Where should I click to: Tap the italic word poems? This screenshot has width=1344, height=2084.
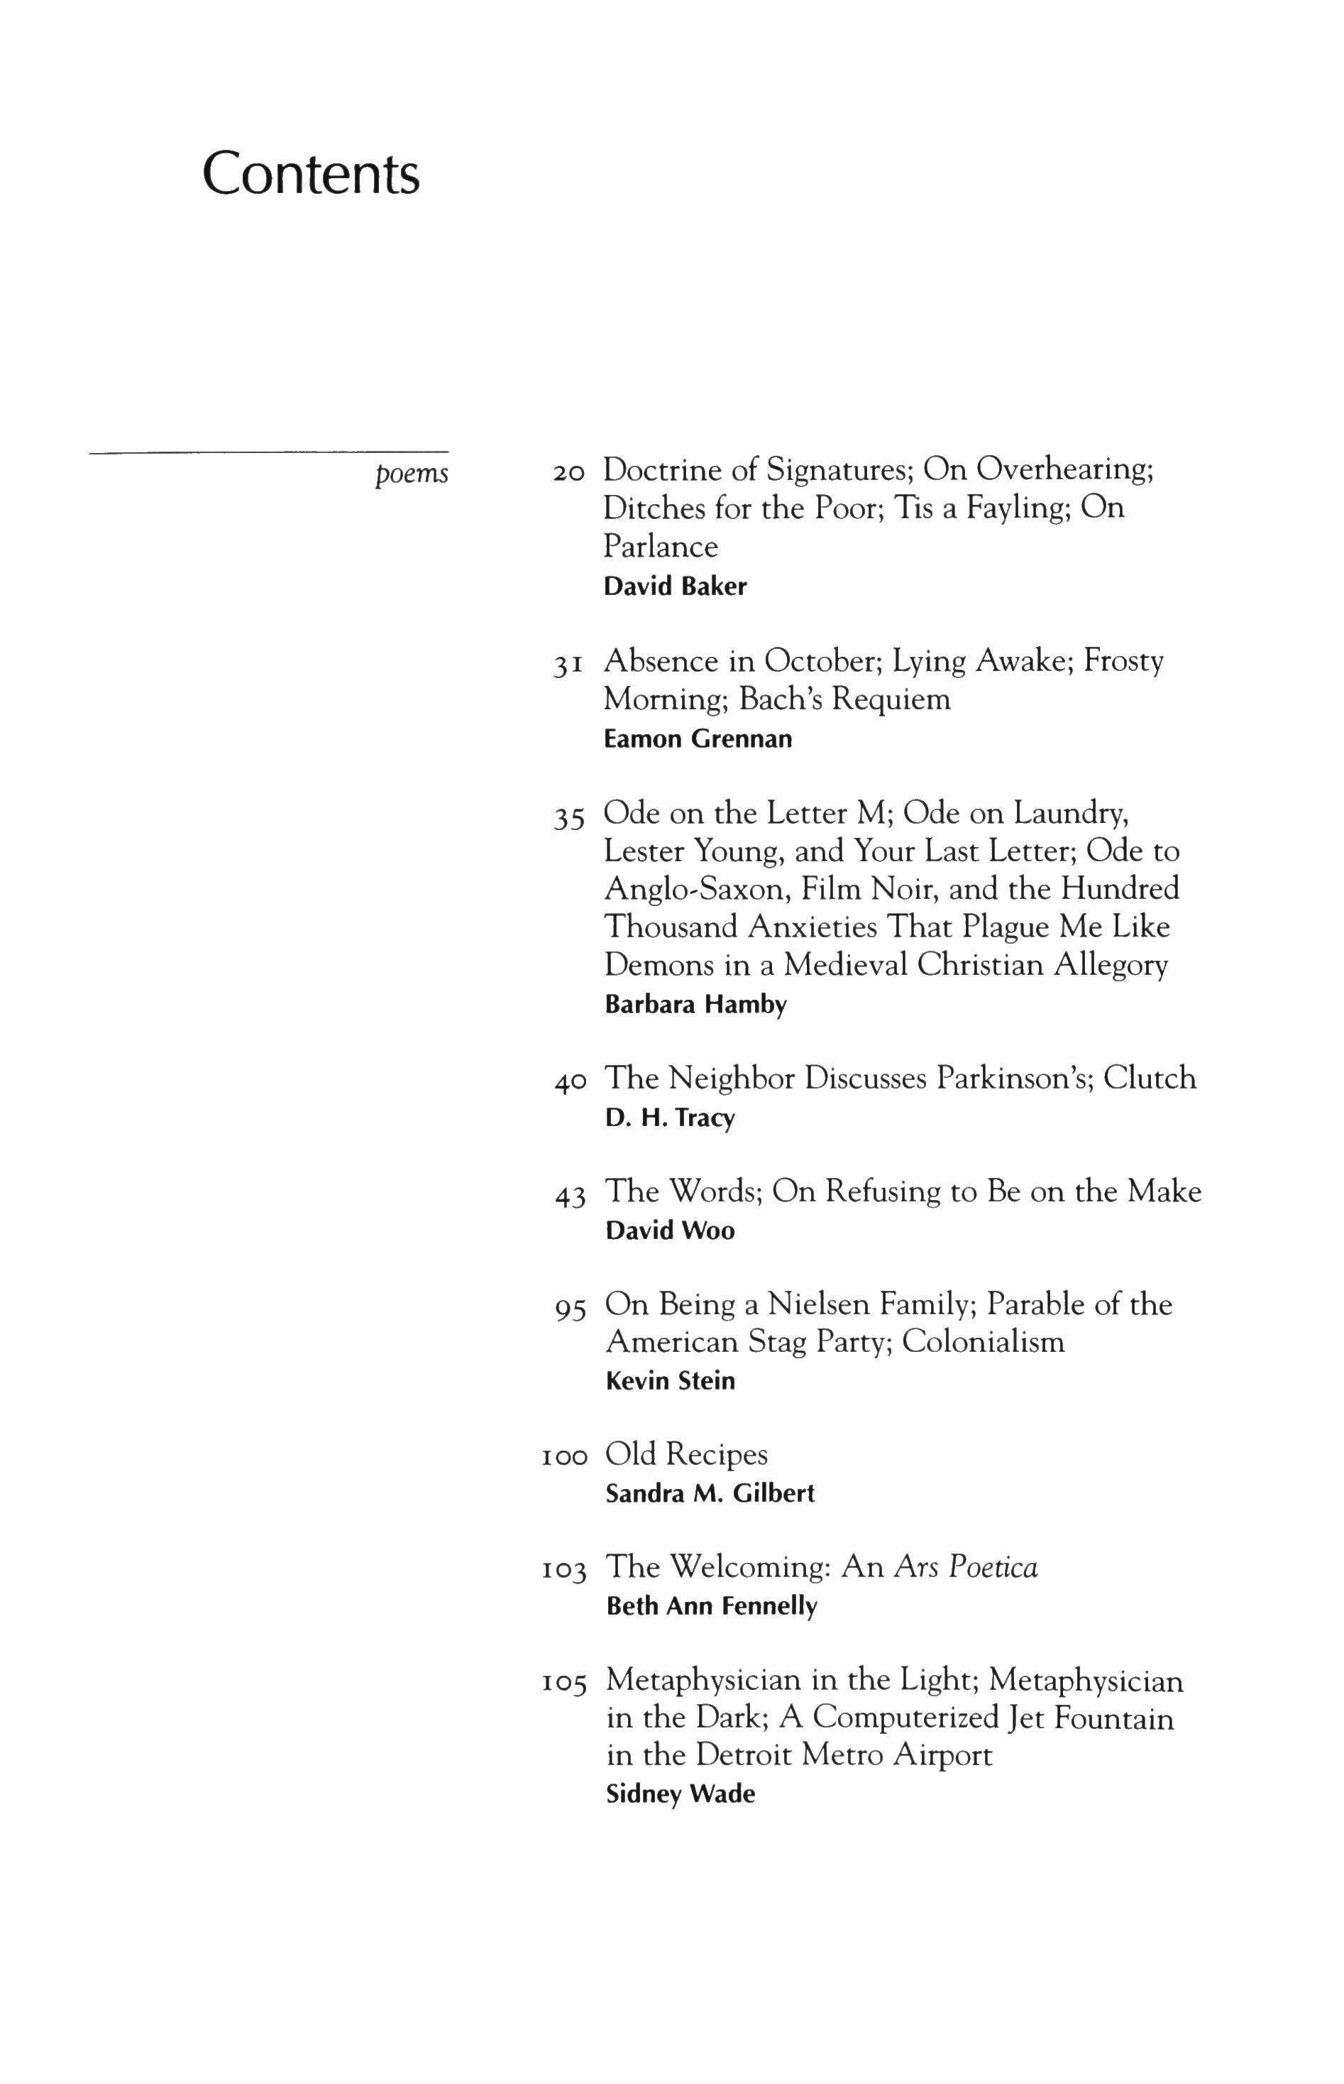[x=411, y=474]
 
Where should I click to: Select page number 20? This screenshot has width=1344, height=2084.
[x=568, y=472]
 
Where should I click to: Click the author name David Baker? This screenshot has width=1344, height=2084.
[x=675, y=586]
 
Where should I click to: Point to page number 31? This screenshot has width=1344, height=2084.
[x=568, y=665]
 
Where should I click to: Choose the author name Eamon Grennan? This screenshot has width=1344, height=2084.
[x=698, y=739]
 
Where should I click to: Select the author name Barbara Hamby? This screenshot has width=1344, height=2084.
[x=695, y=1005]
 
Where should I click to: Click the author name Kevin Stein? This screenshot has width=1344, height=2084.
[x=671, y=1381]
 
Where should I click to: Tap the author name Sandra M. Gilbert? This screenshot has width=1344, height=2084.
[x=710, y=1494]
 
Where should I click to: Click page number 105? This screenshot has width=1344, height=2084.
[x=563, y=1682]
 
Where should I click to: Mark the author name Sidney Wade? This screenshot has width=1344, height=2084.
[x=680, y=1795]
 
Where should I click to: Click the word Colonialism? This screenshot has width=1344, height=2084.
[x=983, y=1342]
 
